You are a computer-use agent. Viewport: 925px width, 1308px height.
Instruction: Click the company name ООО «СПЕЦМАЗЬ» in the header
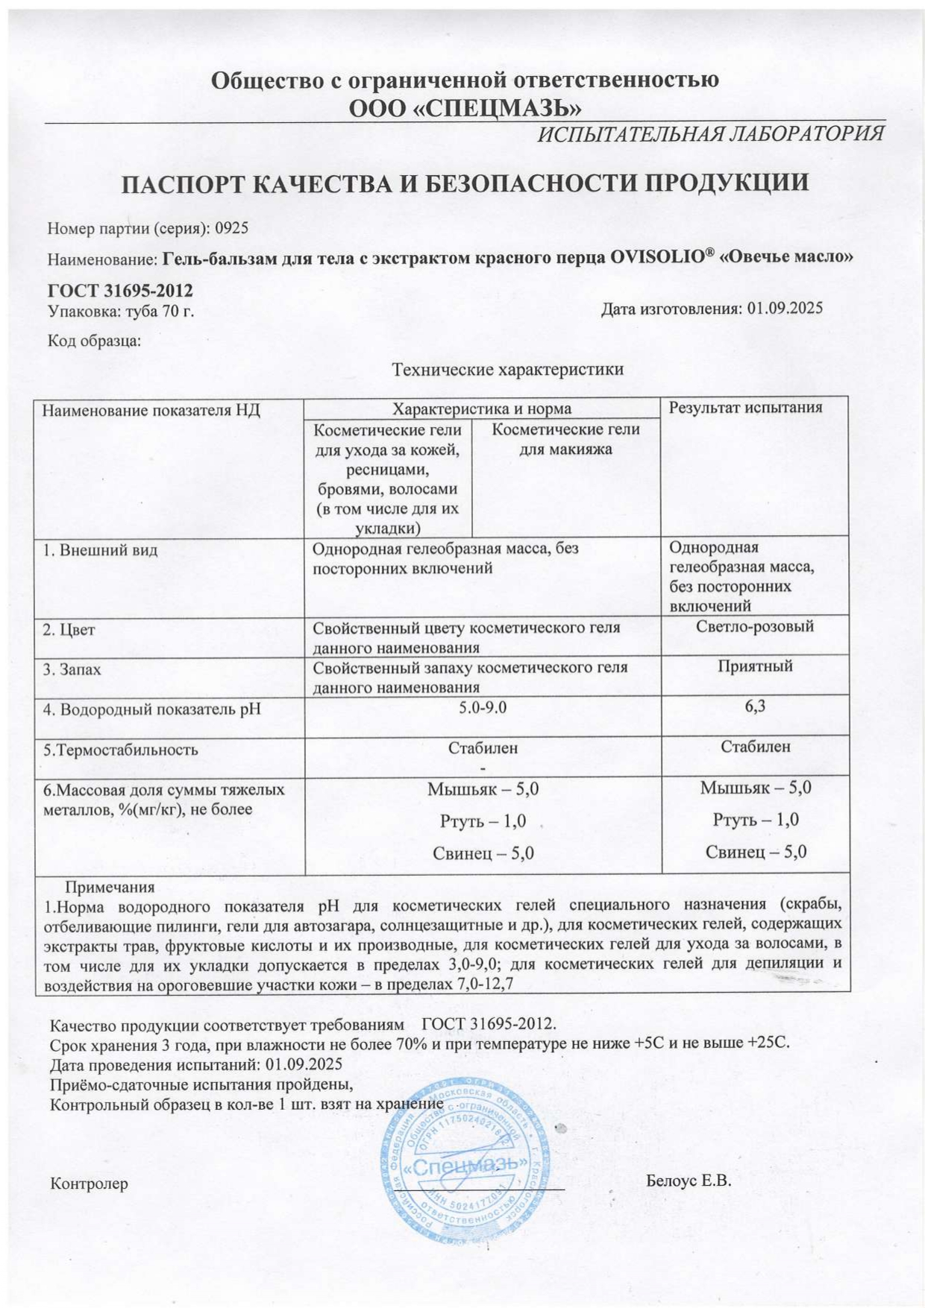(x=465, y=108)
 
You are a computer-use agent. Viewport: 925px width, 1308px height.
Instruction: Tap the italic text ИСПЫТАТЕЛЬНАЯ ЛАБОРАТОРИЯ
(x=710, y=134)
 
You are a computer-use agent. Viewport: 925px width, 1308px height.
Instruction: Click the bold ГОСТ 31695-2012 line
(x=120, y=290)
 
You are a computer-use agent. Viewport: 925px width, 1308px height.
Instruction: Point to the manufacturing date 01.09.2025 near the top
(x=784, y=309)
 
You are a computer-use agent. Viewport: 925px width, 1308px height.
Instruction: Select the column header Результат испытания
(x=744, y=407)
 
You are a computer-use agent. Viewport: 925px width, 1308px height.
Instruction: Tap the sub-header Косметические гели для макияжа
(x=565, y=439)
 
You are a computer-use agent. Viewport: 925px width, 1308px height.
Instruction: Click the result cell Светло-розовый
(x=754, y=626)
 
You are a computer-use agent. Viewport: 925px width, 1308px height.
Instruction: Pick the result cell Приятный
(x=754, y=666)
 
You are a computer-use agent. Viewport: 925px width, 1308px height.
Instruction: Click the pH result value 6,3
(x=754, y=707)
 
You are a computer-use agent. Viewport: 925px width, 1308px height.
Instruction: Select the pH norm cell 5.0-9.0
(x=483, y=707)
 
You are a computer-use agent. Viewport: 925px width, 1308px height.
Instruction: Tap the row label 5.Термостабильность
(x=120, y=750)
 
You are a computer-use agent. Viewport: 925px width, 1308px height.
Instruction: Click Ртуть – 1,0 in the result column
(x=755, y=819)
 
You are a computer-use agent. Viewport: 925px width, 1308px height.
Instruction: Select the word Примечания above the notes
(x=110, y=887)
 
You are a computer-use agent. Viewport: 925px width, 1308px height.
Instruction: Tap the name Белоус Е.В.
(x=689, y=1181)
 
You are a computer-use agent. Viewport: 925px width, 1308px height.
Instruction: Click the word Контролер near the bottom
(x=89, y=1184)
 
